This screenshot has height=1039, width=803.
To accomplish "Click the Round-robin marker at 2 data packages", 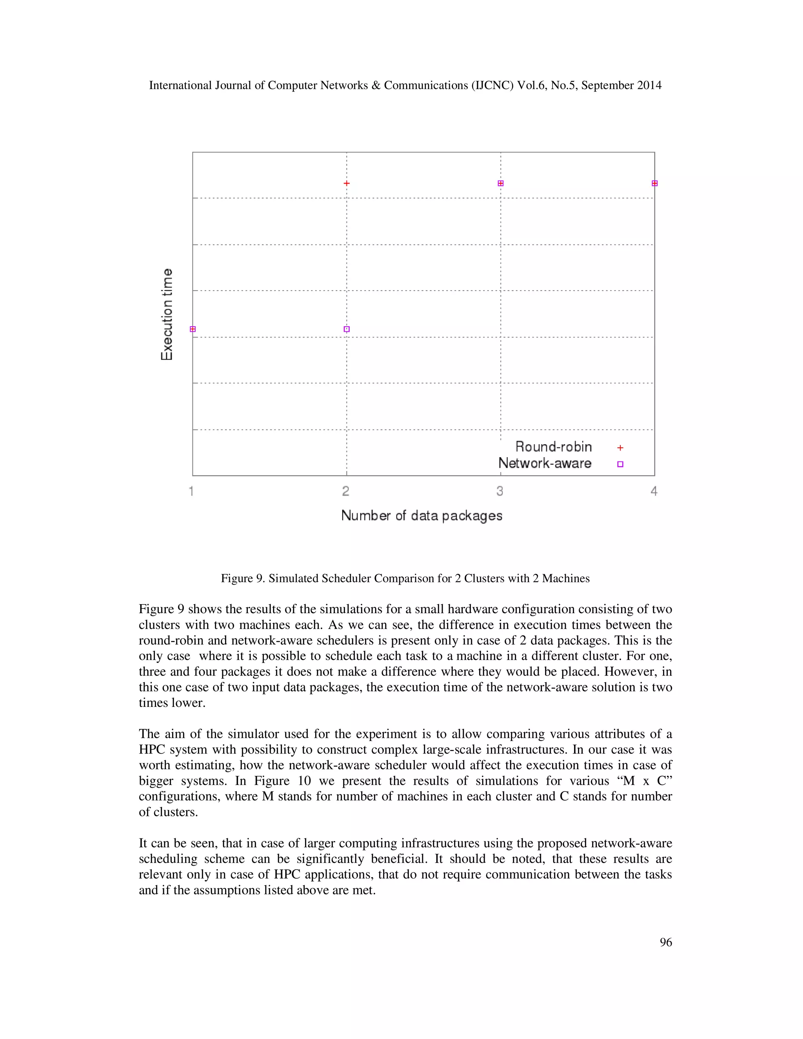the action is tap(347, 183).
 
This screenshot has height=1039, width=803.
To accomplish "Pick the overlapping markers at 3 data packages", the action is tap(500, 183).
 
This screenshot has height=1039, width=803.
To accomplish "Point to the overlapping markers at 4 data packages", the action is tap(654, 183).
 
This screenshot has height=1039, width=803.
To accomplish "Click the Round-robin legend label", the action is tap(554, 447).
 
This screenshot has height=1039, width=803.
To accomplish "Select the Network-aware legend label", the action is tap(545, 463).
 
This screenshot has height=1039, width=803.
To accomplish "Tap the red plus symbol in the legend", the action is tap(620, 448).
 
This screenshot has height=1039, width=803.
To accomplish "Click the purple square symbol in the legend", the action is tap(620, 464).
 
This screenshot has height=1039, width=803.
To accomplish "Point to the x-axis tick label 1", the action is tap(192, 491).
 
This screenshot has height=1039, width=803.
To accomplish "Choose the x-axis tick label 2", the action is tap(346, 491).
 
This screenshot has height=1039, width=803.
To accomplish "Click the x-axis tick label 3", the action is tap(500, 491).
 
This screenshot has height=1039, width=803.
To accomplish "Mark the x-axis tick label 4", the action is tap(654, 491).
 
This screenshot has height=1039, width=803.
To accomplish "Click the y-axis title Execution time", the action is tap(167, 314).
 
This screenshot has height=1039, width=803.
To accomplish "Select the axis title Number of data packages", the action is tap(422, 516).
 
